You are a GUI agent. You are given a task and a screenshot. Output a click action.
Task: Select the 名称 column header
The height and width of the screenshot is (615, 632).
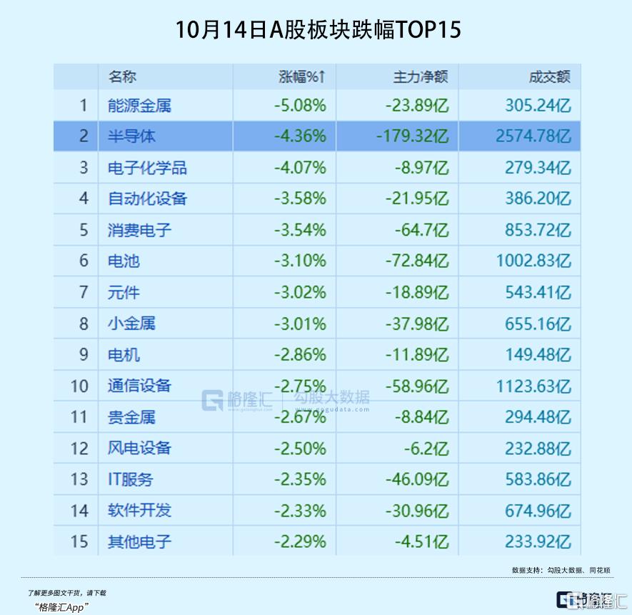(122, 77)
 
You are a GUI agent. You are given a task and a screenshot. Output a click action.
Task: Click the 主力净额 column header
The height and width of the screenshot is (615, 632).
(421, 77)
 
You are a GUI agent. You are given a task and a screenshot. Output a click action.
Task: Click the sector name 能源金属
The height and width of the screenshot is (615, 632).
(139, 106)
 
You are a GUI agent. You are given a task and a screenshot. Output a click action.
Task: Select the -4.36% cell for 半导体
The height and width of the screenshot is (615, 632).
(300, 136)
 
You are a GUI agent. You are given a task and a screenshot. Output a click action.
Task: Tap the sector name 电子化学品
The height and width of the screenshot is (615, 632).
(147, 168)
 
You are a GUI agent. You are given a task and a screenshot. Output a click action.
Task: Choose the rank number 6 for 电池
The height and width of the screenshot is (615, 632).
(84, 261)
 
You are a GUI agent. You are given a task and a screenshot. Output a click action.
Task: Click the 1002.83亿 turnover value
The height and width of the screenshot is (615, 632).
(533, 261)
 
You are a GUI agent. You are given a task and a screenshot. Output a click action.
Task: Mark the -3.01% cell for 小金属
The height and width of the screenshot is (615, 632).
(300, 324)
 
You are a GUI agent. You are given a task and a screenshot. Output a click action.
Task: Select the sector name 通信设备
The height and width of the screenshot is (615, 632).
(139, 386)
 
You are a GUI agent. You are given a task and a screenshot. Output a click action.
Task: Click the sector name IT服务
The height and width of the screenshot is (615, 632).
(130, 479)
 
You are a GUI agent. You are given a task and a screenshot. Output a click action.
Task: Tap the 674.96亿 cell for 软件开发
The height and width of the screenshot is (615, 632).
(538, 511)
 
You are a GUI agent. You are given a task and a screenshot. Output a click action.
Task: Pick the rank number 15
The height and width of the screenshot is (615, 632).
(79, 541)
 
